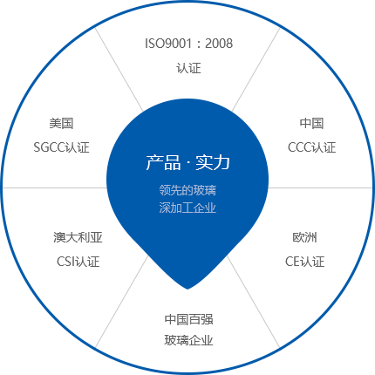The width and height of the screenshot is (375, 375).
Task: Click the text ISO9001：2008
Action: (x=188, y=44)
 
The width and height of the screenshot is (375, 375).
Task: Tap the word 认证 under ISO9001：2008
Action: (x=188, y=68)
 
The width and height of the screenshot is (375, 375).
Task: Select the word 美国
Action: (x=61, y=123)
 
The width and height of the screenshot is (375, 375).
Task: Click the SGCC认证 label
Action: (x=61, y=147)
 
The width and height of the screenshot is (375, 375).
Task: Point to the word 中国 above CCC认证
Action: (x=311, y=123)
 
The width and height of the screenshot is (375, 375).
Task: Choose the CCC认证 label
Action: (x=311, y=147)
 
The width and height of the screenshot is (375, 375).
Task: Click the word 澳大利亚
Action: (x=78, y=237)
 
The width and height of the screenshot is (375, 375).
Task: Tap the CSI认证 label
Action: (x=78, y=262)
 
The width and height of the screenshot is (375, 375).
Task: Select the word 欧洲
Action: (x=304, y=237)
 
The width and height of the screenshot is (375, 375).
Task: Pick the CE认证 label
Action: (x=304, y=262)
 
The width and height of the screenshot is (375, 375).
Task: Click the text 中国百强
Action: (x=188, y=319)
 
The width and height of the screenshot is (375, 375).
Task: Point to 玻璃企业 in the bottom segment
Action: (x=188, y=340)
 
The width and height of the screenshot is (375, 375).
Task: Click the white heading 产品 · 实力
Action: (x=187, y=162)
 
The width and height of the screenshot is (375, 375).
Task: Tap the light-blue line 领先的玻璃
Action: (x=187, y=190)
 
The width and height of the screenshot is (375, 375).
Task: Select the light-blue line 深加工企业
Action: (x=187, y=208)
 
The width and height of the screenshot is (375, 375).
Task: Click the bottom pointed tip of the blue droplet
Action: (x=187, y=290)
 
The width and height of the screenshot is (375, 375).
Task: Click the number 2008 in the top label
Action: (x=219, y=44)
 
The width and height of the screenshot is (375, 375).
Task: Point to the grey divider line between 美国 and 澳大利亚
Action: (x=55, y=187)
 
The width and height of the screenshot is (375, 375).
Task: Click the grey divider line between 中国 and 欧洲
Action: (x=320, y=187)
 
